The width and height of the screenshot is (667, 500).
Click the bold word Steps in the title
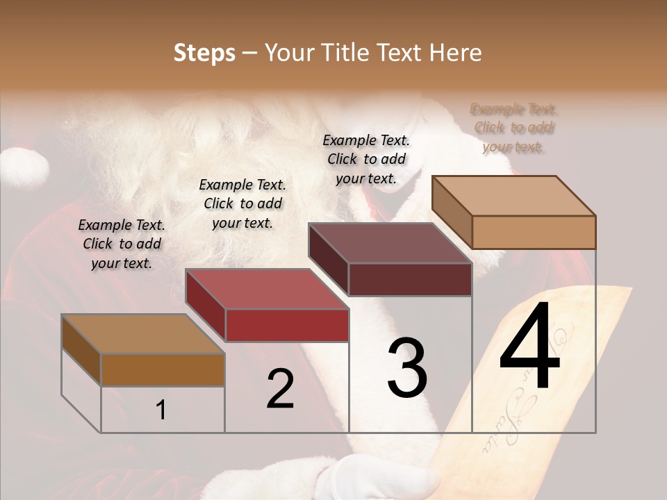point(204,53)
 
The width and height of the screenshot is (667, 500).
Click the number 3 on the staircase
point(407,368)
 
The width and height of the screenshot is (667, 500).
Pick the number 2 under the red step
point(280,389)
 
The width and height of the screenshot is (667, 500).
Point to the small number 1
point(160,410)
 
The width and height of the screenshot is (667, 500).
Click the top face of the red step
point(267,289)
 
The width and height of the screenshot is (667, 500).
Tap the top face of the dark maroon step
point(390,243)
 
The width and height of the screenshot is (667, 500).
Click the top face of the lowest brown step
point(143,334)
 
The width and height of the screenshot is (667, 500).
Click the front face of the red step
point(287,325)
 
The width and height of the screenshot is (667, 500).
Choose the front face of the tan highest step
point(534,232)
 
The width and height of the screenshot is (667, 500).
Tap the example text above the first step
point(122,244)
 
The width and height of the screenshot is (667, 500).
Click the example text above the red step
point(242,203)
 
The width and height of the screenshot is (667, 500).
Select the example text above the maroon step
point(366,159)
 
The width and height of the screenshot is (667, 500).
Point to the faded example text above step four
point(514,128)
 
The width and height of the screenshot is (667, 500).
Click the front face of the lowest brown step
point(163,369)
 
